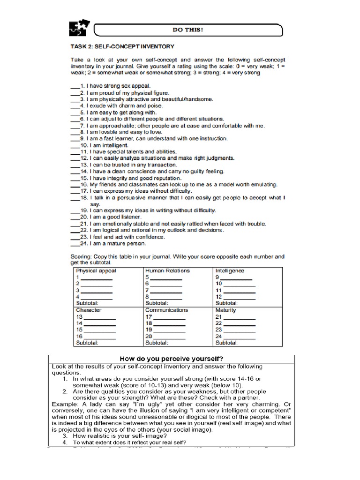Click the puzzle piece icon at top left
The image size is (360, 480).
pos(78,29)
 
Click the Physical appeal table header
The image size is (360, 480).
pos(96,271)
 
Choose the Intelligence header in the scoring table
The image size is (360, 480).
pos(230,271)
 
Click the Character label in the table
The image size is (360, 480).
pos(89,310)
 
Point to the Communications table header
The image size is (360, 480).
pos(166,310)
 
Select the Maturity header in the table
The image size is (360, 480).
pos(226,310)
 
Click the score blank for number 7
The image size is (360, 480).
pos(166,292)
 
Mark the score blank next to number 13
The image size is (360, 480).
pos(99,318)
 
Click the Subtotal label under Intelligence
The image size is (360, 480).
pos(226,303)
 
